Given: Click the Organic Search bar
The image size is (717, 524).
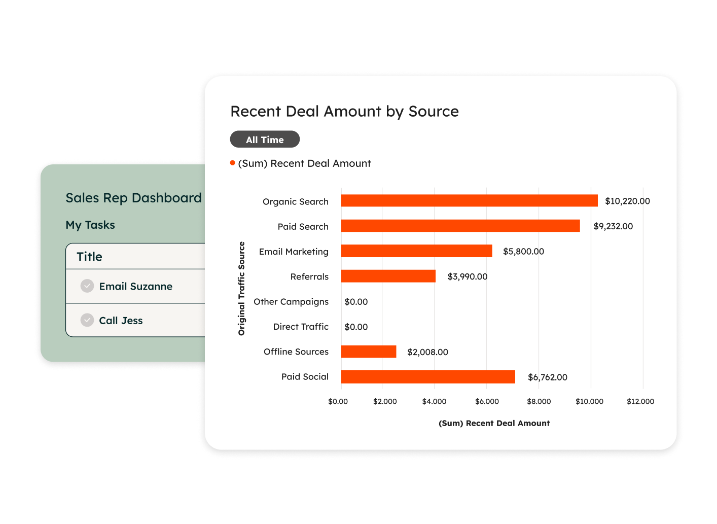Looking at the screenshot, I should pos(469,201).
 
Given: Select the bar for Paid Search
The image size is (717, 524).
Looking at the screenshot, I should pos(460,226).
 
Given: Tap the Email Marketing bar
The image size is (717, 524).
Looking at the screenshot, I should pos(416,251).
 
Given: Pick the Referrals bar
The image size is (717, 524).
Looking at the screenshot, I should pos(388,276).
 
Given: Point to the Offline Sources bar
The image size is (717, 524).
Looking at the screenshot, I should pos(369,352).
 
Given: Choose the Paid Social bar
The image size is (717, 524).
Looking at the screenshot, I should pos(428,377).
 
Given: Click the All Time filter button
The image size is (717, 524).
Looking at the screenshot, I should pos(265,139).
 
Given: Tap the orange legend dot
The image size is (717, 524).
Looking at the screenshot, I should pos(233,163).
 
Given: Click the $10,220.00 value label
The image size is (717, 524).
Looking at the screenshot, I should pos(627,201).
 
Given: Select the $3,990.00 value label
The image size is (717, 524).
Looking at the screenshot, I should pos(467,276).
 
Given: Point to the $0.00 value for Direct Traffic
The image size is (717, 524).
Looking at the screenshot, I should pos(356,327).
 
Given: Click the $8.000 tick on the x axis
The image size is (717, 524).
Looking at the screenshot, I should pos(539,401).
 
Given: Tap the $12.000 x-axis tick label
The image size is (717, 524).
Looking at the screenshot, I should pos(640,401).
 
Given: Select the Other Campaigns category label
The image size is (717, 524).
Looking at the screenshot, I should pos(291,301).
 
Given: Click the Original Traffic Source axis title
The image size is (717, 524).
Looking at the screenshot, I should pos(241,288).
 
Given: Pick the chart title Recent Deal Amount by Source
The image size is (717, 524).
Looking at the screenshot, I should pos(344,111).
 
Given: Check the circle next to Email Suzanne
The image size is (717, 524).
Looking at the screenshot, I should pos(87,286).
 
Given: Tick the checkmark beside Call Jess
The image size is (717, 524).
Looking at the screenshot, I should pos(87,320).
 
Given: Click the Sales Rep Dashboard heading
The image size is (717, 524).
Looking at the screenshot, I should pos(133,198).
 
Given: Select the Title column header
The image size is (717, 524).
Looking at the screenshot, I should pos(89,257).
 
